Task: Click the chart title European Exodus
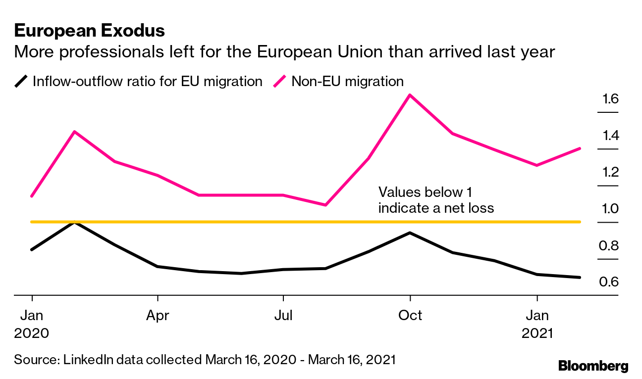[x=89, y=31]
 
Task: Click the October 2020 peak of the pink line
[x=410, y=95]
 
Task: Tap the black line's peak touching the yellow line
[x=74, y=222]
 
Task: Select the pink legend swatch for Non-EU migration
[x=281, y=81]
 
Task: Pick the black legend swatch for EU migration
[x=21, y=81]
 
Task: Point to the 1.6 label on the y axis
[x=610, y=99]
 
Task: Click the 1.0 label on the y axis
[x=610, y=208]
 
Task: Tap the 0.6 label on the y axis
[x=610, y=282]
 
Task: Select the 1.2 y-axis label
[x=610, y=172]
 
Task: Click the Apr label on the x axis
[x=158, y=315]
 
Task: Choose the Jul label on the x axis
[x=283, y=315]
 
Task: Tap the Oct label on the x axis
[x=410, y=315]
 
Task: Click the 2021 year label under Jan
[x=537, y=333]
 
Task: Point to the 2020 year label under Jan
[x=32, y=333]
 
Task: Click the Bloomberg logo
[x=593, y=366]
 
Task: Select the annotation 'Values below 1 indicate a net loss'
[x=436, y=200]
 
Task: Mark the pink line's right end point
[x=580, y=148]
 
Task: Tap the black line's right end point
[x=580, y=278]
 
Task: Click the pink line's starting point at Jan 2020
[x=32, y=196]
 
